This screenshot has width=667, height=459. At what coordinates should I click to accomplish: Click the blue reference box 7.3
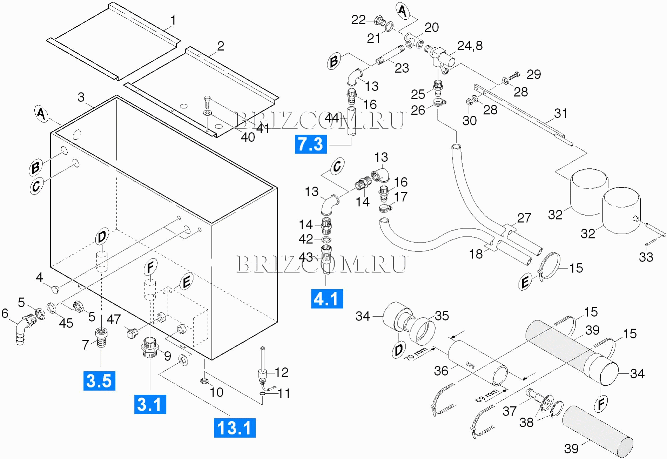[311, 144]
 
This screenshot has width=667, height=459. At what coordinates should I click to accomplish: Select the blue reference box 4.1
[327, 299]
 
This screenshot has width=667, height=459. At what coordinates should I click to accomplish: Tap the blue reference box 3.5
[99, 381]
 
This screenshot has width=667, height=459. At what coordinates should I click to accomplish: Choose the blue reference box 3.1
[150, 404]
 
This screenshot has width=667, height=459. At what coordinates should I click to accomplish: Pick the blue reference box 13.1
[235, 428]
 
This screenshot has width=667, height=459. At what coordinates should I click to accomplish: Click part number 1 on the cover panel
[173, 20]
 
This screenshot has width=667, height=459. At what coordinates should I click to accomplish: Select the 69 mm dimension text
[487, 395]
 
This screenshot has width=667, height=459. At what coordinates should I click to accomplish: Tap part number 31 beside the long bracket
[561, 113]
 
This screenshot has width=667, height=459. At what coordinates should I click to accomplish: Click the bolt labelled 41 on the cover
[207, 102]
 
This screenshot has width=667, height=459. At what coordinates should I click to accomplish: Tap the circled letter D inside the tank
[102, 237]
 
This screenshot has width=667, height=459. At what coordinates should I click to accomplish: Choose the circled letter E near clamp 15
[525, 282]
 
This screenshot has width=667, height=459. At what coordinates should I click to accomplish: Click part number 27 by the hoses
[524, 218]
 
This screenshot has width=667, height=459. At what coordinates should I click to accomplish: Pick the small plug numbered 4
[55, 289]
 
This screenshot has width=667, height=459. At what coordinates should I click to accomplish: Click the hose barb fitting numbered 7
[101, 338]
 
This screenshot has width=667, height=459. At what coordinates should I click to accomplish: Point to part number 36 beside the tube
[441, 371]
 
